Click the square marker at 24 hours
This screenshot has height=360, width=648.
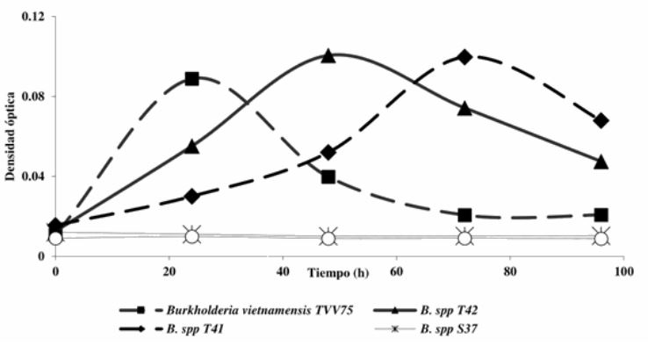(192, 79)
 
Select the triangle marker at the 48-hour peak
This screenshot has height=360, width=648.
(328, 56)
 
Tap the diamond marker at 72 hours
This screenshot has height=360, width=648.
(465, 57)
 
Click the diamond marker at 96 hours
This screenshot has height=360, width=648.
(601, 120)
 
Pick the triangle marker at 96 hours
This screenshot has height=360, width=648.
(601, 162)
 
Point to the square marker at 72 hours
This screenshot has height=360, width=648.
(465, 215)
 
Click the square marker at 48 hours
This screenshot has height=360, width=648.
(328, 176)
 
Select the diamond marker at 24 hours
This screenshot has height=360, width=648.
(192, 196)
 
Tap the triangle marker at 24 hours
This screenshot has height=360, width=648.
(192, 147)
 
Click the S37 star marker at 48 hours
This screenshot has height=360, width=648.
(328, 238)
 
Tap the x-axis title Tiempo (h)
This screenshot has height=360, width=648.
(338, 272)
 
